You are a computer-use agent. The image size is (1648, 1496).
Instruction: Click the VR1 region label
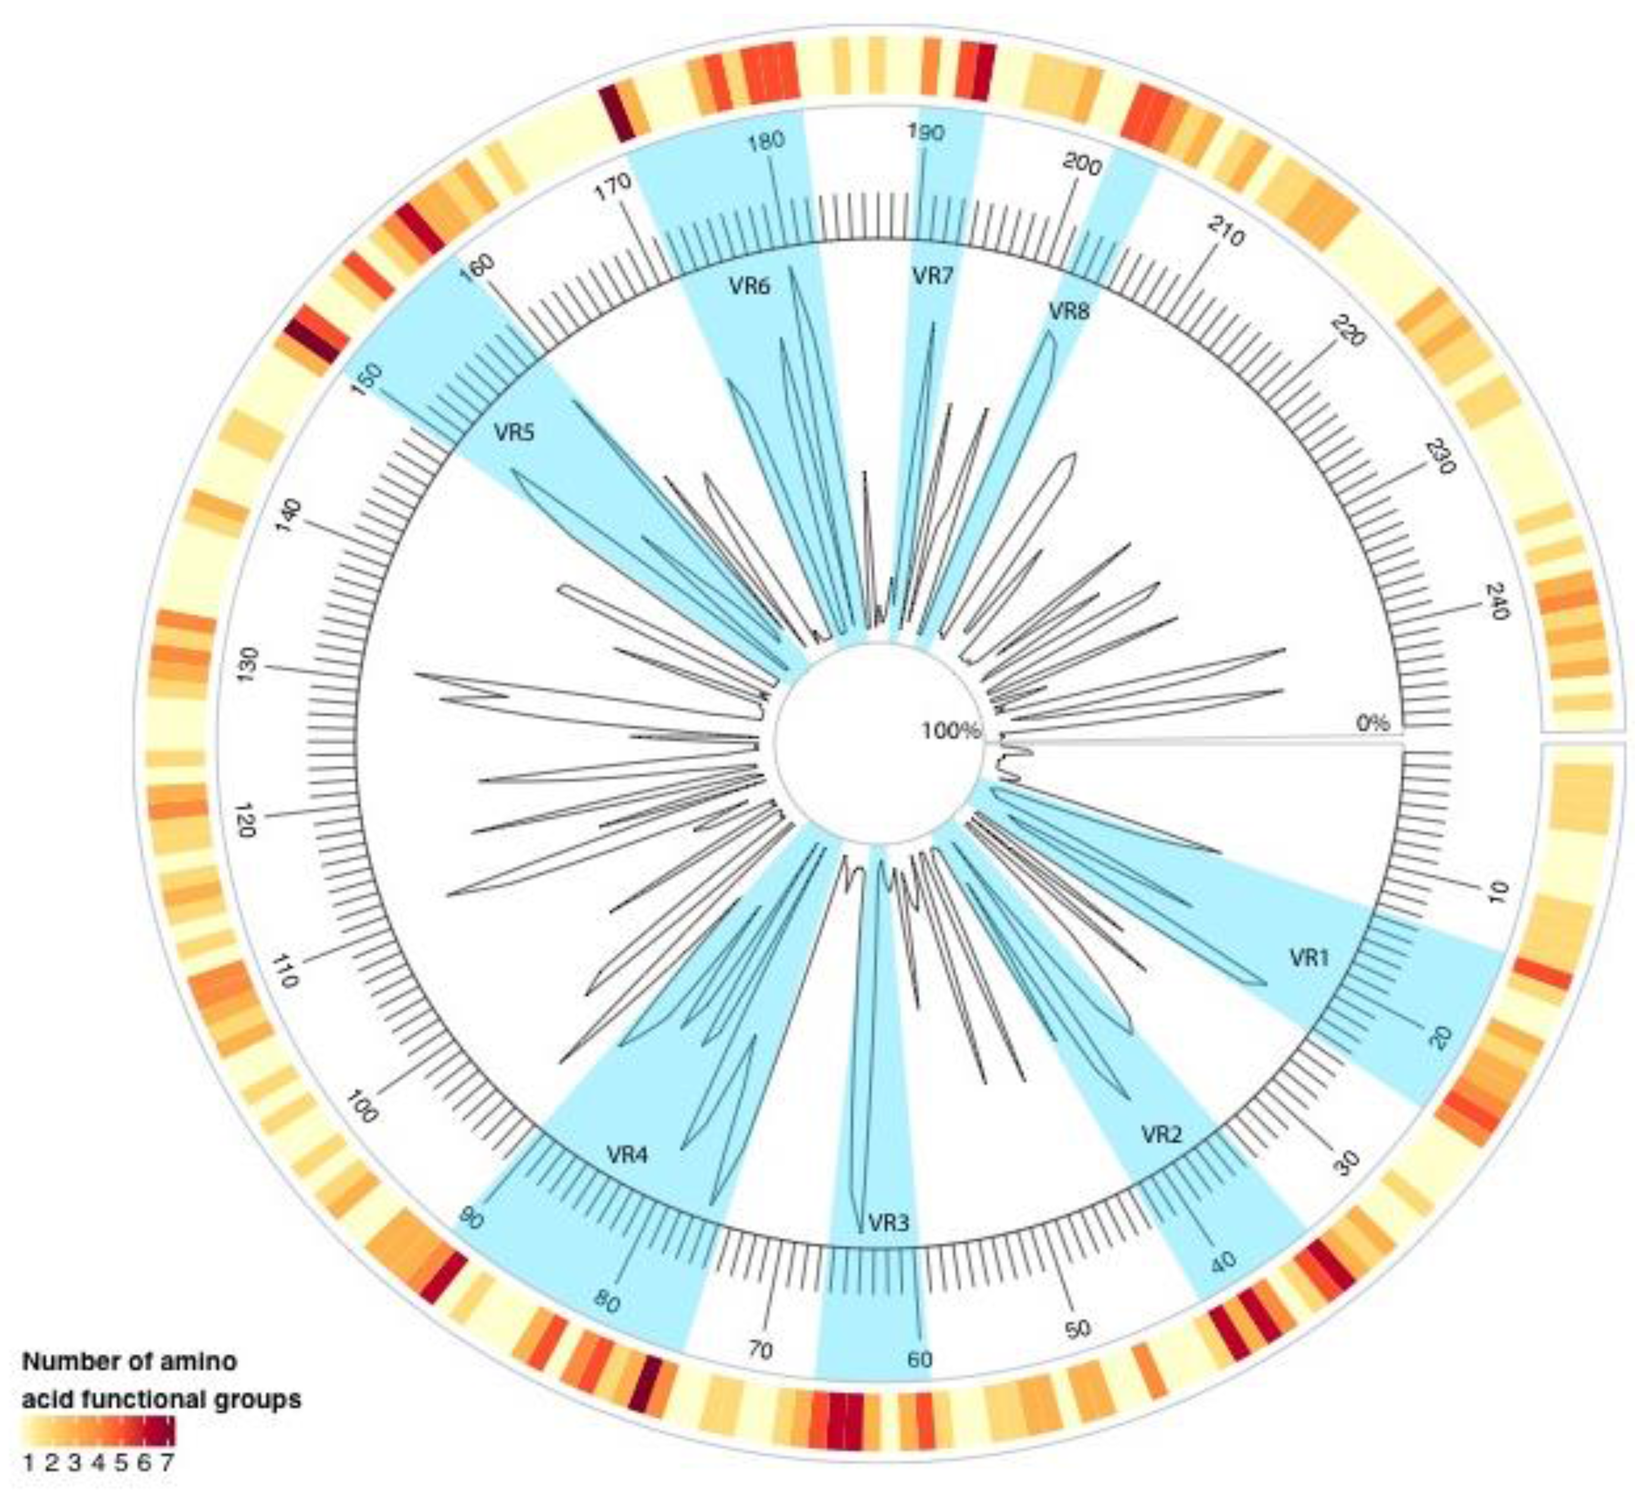tap(1310, 958)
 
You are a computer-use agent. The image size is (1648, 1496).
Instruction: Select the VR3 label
tap(889, 1223)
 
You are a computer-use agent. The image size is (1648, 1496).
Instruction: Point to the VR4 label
tap(627, 1155)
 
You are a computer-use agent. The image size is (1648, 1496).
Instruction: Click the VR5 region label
tap(514, 432)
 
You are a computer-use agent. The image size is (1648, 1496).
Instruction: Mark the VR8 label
tap(1069, 310)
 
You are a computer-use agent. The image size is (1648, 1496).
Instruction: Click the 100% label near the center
tap(951, 731)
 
